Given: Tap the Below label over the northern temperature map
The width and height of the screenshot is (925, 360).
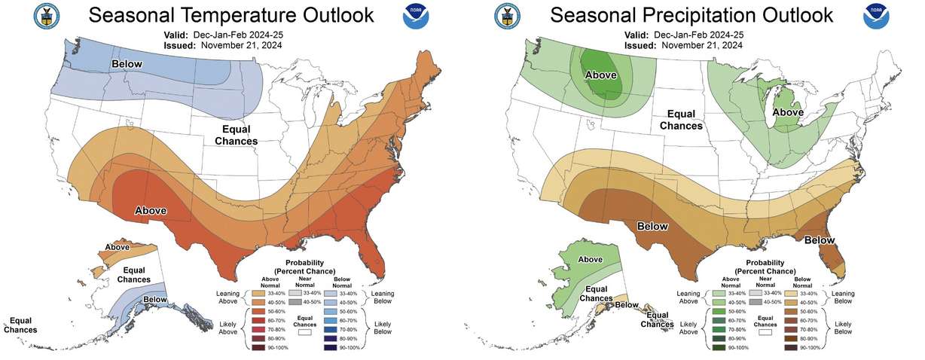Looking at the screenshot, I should pyautogui.click(x=128, y=65).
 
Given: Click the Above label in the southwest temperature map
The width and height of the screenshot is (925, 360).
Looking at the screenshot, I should pyautogui.click(x=151, y=210).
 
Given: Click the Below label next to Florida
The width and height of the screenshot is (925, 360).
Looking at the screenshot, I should pyautogui.click(x=819, y=240).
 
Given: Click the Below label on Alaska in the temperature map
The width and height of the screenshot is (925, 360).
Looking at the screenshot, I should pyautogui.click(x=155, y=300).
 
